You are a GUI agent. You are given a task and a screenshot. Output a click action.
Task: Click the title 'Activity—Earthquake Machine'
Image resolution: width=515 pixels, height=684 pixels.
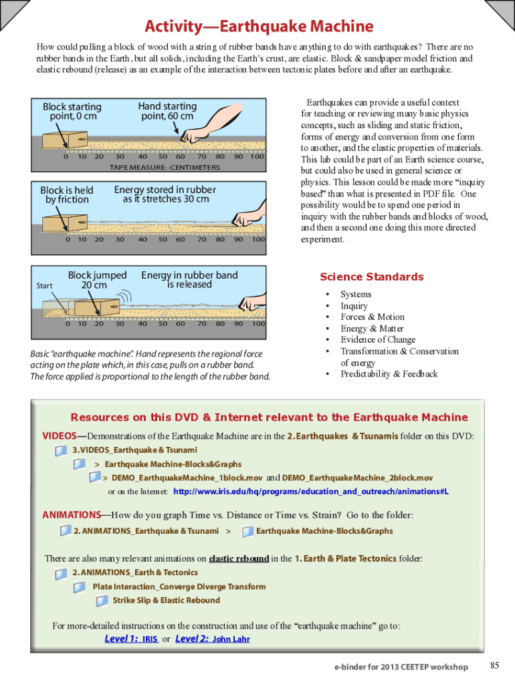[x=259, y=26]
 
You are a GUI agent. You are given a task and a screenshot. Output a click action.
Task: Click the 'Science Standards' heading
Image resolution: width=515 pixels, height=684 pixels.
[x=372, y=277]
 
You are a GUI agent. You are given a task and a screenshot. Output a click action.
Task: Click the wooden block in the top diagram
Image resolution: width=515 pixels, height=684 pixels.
[x=65, y=140]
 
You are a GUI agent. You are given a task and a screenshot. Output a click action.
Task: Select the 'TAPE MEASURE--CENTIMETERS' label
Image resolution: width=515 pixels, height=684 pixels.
[x=165, y=168]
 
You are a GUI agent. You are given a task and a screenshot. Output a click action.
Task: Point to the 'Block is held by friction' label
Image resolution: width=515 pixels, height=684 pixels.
[x=66, y=194]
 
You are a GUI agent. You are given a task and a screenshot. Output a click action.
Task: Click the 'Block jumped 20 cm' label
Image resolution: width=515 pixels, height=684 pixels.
[x=97, y=280]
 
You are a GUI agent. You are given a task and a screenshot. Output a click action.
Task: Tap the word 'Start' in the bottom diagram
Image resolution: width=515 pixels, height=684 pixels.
[x=44, y=286]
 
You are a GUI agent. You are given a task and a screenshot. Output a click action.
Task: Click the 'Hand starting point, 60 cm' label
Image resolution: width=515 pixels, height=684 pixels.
[x=167, y=111]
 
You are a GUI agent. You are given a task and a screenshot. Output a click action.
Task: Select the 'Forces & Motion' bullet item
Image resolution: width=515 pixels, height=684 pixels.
[x=372, y=317]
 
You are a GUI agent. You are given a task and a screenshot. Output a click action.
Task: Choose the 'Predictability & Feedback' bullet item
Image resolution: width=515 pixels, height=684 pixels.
[x=389, y=374]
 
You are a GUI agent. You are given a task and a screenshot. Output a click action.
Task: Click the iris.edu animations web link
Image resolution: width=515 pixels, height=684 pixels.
[x=311, y=491]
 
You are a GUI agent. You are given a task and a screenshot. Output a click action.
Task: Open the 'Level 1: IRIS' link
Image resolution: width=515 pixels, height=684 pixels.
[x=132, y=639]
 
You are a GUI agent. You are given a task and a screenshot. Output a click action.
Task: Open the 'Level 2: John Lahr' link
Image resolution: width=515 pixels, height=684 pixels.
[x=213, y=639]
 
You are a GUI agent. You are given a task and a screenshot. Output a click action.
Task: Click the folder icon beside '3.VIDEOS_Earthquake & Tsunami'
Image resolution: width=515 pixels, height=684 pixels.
[x=61, y=451]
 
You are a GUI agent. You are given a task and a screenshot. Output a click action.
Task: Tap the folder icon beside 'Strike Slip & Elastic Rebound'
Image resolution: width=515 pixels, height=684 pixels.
[x=102, y=601]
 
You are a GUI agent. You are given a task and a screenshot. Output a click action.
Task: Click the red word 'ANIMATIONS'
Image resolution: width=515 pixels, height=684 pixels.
[x=72, y=515]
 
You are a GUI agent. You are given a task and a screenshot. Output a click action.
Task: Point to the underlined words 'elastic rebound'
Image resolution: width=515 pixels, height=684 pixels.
[x=239, y=558]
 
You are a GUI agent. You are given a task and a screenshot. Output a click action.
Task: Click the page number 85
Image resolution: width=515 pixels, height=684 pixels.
[x=494, y=665]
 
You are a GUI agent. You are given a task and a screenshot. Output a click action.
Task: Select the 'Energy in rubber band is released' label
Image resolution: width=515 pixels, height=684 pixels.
[x=189, y=280]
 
